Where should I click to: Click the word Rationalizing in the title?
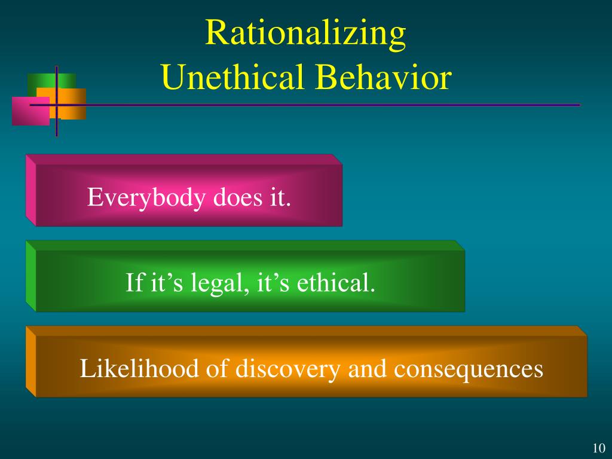305,34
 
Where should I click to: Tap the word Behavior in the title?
382,78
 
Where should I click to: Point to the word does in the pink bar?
235,197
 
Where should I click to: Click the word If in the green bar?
132,282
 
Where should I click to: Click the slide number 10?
599,448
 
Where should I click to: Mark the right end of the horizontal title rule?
579,105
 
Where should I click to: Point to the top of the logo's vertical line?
57,68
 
